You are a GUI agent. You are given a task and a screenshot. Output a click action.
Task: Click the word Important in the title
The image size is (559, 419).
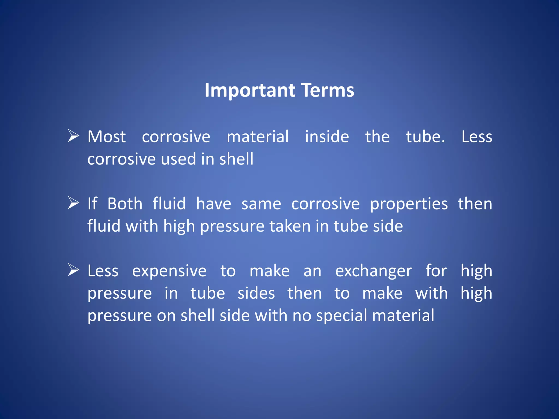(250, 91)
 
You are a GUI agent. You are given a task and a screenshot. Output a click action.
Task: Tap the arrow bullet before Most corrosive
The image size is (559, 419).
(73, 136)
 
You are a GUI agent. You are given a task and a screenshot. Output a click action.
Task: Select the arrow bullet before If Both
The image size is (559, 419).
(73, 203)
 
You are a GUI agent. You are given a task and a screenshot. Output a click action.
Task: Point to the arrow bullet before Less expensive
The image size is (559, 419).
(73, 270)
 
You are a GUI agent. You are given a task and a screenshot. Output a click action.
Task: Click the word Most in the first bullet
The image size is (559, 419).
(106, 137)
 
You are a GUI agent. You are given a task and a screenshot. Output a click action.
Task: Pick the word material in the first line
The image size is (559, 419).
(257, 137)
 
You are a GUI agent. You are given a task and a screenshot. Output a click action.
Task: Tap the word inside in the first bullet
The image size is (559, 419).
(327, 137)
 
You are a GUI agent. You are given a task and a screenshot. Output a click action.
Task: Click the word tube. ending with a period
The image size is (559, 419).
(425, 137)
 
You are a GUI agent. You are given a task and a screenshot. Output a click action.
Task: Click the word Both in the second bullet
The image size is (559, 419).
(125, 204)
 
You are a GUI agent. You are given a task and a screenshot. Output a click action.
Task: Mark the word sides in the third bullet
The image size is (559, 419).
(256, 293)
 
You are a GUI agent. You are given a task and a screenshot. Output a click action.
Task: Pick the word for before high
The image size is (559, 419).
(436, 271)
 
